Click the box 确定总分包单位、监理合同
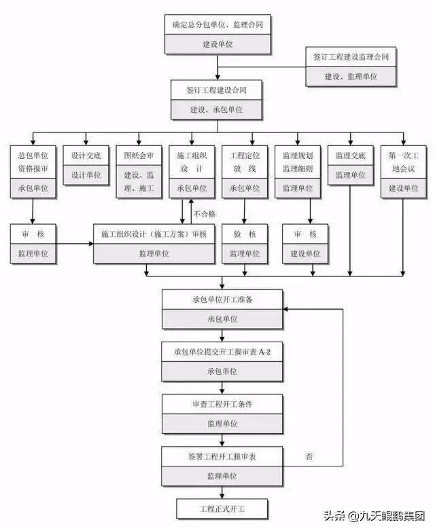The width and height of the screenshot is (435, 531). pyautogui.click(x=217, y=24)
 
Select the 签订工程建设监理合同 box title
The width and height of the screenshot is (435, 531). pyautogui.click(x=351, y=57)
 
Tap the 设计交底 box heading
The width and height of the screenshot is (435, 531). pyautogui.click(x=86, y=155)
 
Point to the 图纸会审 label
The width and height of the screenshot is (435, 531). pyautogui.click(x=139, y=155)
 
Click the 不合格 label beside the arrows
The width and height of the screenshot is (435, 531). pyautogui.click(x=205, y=214)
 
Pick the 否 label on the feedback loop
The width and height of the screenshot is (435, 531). pyautogui.click(x=309, y=456)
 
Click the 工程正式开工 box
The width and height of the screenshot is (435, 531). pyautogui.click(x=222, y=509)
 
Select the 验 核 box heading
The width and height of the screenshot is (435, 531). pyautogui.click(x=245, y=234)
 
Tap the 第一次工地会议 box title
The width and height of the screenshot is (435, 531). pyautogui.click(x=404, y=162)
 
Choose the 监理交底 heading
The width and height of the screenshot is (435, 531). pyautogui.click(x=351, y=155)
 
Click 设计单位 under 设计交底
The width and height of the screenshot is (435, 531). pyautogui.click(x=86, y=175)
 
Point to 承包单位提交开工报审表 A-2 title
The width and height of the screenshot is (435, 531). pyautogui.click(x=222, y=352)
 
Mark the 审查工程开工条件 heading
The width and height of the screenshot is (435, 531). pyautogui.click(x=222, y=404)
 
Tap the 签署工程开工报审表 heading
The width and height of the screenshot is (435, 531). pyautogui.click(x=222, y=457)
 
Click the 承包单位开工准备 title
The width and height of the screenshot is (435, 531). pyautogui.click(x=222, y=299)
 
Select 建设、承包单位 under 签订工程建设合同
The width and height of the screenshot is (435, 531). pyautogui.click(x=216, y=110)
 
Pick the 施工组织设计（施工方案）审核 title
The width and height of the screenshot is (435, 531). pyautogui.click(x=154, y=234)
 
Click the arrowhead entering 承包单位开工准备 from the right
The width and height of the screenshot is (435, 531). pyautogui.click(x=285, y=309)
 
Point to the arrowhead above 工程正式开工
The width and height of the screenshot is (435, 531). pyautogui.click(x=222, y=496)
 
